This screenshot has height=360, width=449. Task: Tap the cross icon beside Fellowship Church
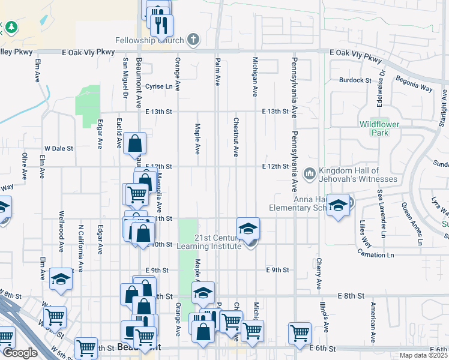193,41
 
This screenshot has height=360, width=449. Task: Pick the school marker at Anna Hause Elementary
338,206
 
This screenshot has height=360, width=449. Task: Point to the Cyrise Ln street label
158,86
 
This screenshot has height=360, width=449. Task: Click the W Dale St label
59,148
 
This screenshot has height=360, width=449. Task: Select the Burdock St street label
355,80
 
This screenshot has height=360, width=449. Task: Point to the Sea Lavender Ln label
379,213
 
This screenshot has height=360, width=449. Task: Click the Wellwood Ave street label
61,231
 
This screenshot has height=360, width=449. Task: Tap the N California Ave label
80,239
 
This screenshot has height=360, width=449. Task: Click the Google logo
20,353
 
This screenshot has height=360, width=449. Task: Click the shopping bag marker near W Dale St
135,143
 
